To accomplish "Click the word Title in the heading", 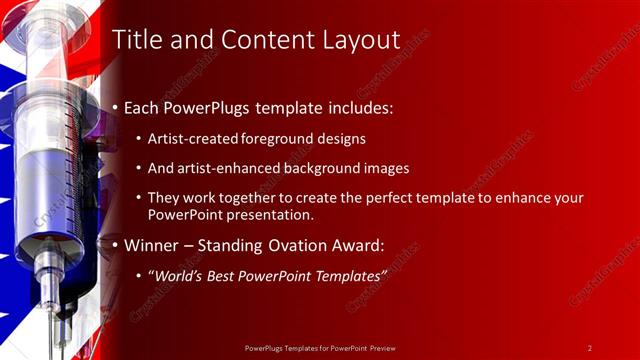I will pyautogui.click(x=136, y=40).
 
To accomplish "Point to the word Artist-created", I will pyautogui.click(x=191, y=139).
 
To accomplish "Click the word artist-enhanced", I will pyautogui.click(x=227, y=169).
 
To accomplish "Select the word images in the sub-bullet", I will pyautogui.click(x=387, y=169).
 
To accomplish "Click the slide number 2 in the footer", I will pyautogui.click(x=589, y=348).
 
